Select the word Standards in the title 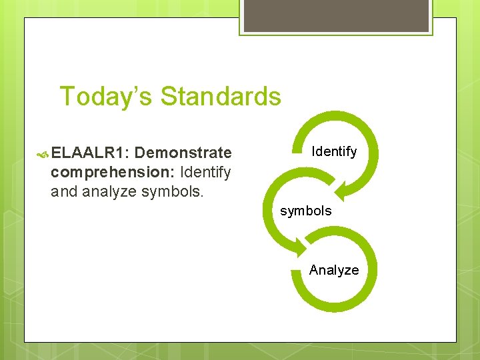221,97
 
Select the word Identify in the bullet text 205,173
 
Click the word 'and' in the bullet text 64,192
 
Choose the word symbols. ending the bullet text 173,192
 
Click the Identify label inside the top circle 334,152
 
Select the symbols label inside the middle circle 305,211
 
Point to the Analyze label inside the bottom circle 333,270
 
